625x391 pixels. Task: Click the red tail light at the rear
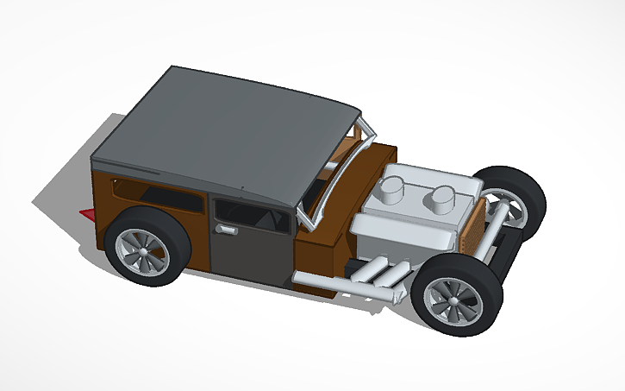point(87,213)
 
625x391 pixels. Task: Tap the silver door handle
point(227,230)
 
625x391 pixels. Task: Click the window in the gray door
point(252,217)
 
